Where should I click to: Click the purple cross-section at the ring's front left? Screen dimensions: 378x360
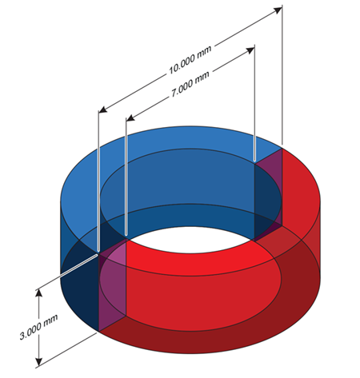(x=112, y=288)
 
